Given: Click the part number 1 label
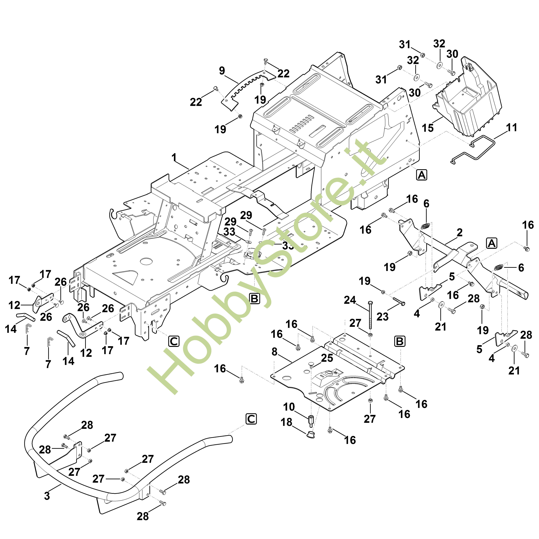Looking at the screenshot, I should click(x=174, y=158).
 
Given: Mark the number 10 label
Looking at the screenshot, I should click(x=289, y=407).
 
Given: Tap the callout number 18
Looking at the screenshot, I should click(x=287, y=422).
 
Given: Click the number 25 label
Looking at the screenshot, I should click(x=327, y=358).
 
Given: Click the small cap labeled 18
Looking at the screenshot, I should click(x=311, y=434).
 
